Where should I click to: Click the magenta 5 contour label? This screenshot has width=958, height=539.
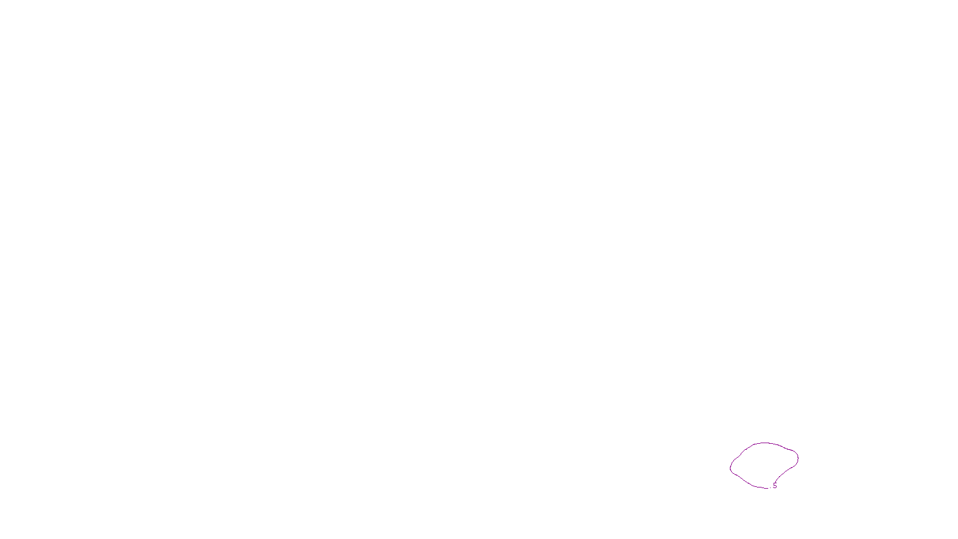775,486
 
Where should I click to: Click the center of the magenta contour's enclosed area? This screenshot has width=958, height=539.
765,465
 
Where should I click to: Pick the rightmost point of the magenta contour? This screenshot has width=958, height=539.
798,458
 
